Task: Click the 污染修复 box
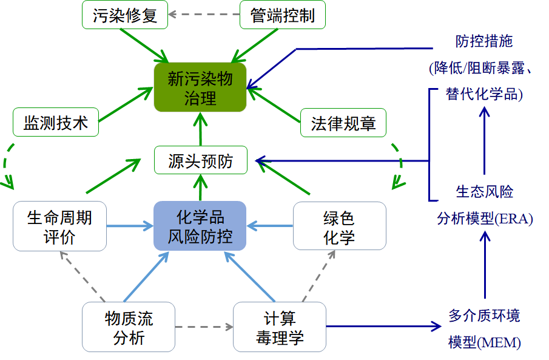[x=125, y=15]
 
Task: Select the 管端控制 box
[x=283, y=15]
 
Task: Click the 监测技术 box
[x=56, y=123]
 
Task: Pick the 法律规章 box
[x=343, y=123]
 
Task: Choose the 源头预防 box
[x=200, y=161]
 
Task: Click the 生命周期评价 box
[x=59, y=226]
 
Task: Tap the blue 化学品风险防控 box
[x=200, y=226]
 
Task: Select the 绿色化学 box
[x=339, y=226]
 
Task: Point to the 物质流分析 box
[x=129, y=327]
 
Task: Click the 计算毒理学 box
[x=280, y=327]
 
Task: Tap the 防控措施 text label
[x=484, y=41]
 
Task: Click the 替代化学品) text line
[x=484, y=95]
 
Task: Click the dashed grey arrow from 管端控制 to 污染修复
[x=203, y=13]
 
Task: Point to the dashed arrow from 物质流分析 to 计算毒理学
[x=204, y=327]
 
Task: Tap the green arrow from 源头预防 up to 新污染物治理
[x=200, y=129]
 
